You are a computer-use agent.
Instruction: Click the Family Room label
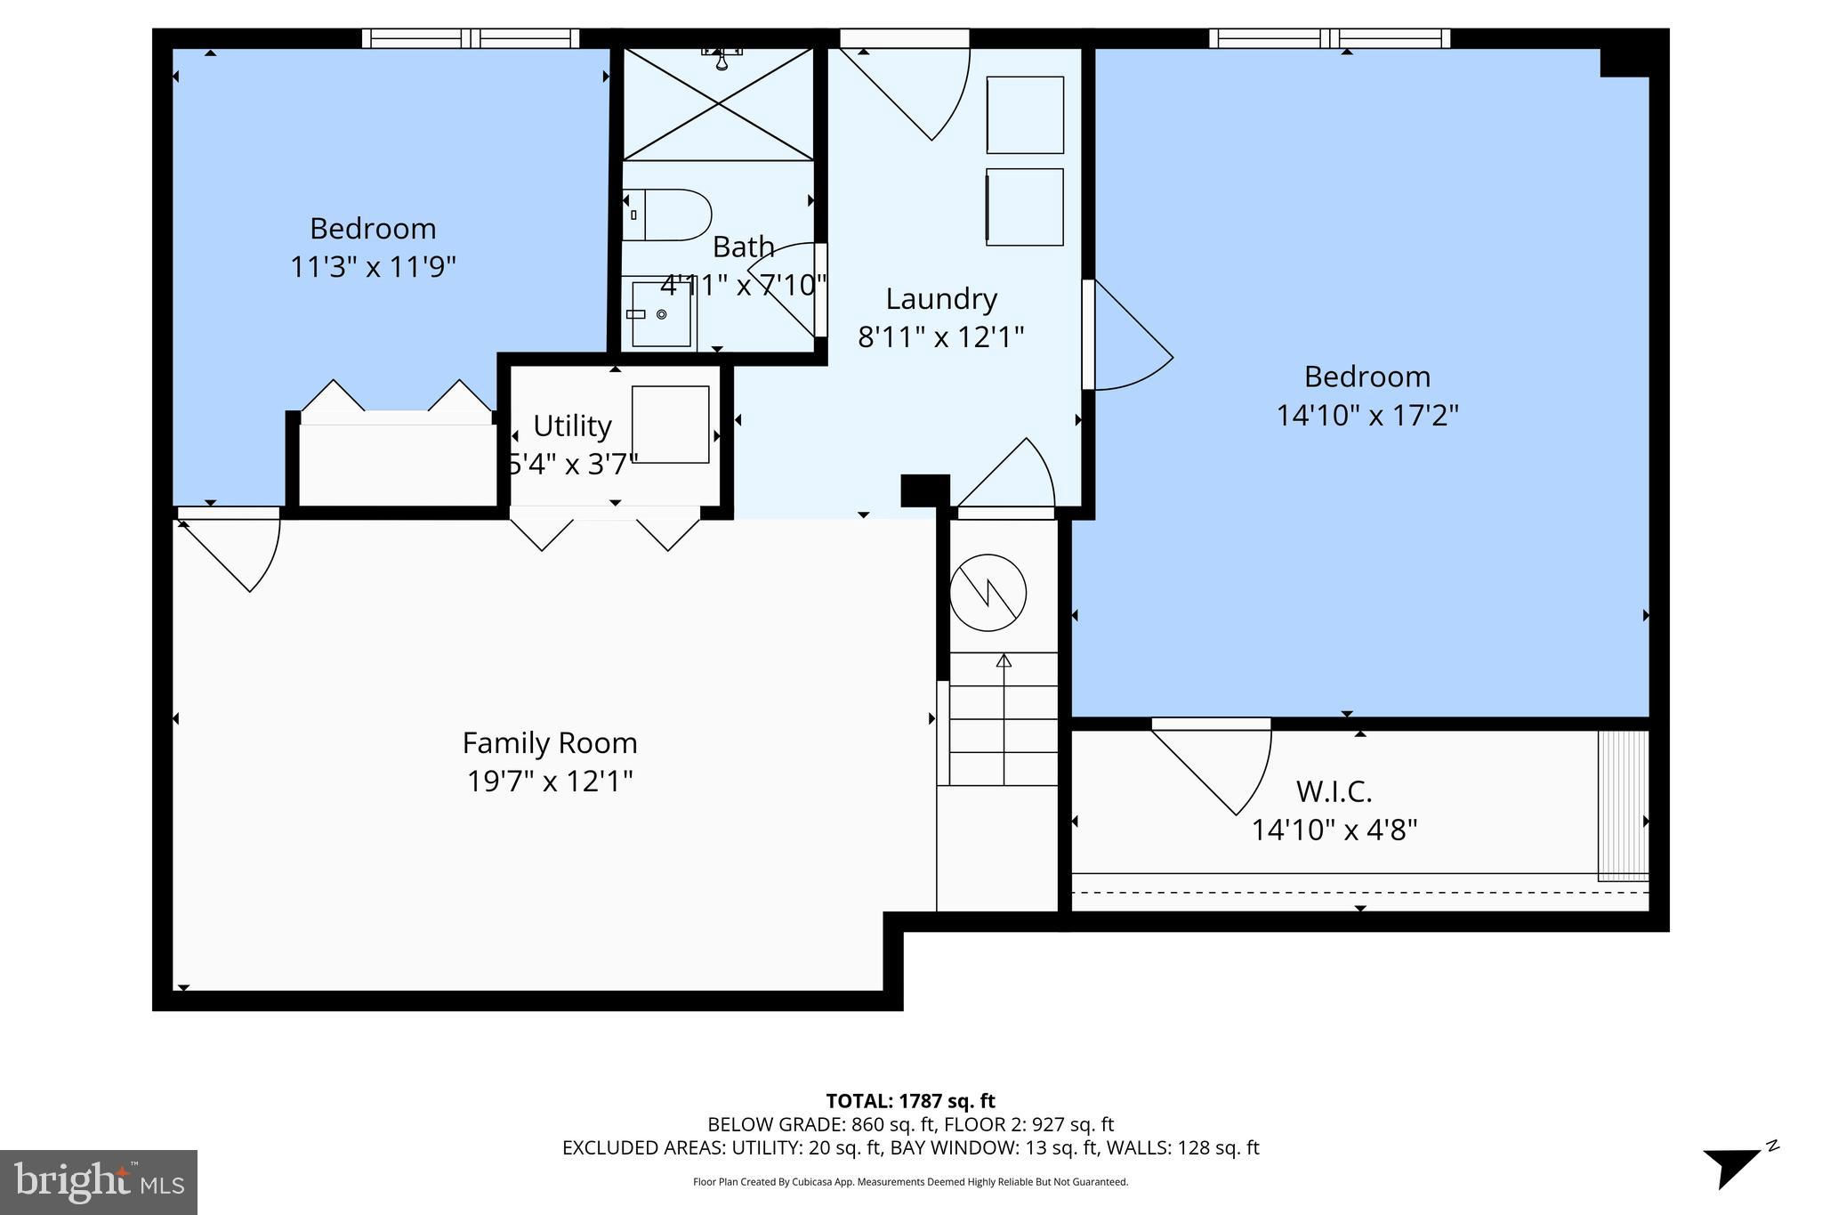pyautogui.click(x=550, y=742)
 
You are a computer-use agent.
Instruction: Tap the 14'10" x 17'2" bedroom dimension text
pyautogui.click(x=1367, y=416)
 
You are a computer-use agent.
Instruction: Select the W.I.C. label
pyautogui.click(x=1334, y=790)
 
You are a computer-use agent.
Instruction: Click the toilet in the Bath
pyautogui.click(x=666, y=215)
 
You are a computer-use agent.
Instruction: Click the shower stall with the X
pyautogui.click(x=718, y=103)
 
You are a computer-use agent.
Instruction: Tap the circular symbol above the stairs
pyautogui.click(x=988, y=593)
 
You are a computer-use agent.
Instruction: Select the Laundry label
pyautogui.click(x=941, y=299)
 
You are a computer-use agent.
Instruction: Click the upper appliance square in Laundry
pyautogui.click(x=1025, y=115)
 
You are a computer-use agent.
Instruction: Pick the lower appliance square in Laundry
pyautogui.click(x=1025, y=207)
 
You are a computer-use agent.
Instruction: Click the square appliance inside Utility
pyautogui.click(x=670, y=424)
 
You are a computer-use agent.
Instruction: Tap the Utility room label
pyautogui.click(x=572, y=426)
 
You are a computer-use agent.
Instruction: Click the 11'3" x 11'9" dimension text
pyautogui.click(x=373, y=266)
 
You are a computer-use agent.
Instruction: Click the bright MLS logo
pyautogui.click(x=99, y=1183)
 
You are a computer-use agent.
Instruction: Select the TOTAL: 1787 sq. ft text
pyautogui.click(x=910, y=1101)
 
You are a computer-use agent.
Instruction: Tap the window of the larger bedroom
pyautogui.click(x=1329, y=38)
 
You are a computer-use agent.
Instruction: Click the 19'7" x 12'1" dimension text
pyautogui.click(x=550, y=782)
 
